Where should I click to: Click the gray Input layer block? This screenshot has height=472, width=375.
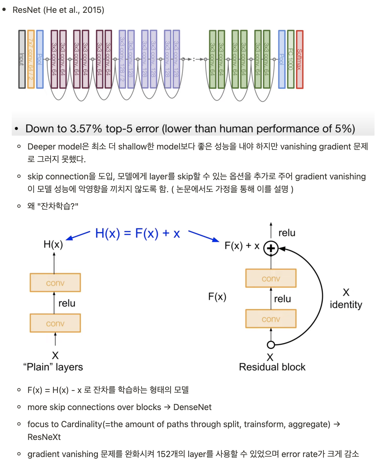click(x=22, y=59)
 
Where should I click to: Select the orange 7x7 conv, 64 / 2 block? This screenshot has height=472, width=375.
click(x=31, y=59)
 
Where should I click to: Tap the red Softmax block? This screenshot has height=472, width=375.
click(x=300, y=59)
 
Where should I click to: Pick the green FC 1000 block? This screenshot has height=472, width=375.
click(x=291, y=59)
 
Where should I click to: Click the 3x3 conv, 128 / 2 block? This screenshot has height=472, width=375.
click(x=122, y=59)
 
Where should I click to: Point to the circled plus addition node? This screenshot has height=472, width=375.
click(x=271, y=248)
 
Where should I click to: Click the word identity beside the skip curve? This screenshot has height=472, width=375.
click(x=346, y=305)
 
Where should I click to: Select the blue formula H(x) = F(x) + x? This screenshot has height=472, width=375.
click(x=138, y=233)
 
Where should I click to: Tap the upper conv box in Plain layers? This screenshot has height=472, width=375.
click(x=55, y=283)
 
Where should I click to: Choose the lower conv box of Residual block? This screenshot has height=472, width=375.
click(x=271, y=319)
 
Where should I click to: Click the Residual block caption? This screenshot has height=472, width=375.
click(x=272, y=367)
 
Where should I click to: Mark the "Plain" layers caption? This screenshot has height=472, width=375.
click(x=53, y=367)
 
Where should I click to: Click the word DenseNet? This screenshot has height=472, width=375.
click(x=192, y=407)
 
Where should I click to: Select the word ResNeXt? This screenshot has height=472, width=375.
click(x=44, y=437)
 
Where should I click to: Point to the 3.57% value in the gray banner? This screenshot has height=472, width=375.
click(x=86, y=129)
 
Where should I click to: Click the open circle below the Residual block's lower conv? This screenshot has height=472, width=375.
click(x=271, y=345)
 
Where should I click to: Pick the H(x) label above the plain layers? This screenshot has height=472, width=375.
click(x=53, y=244)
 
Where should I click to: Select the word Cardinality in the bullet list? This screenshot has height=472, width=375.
click(x=82, y=424)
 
